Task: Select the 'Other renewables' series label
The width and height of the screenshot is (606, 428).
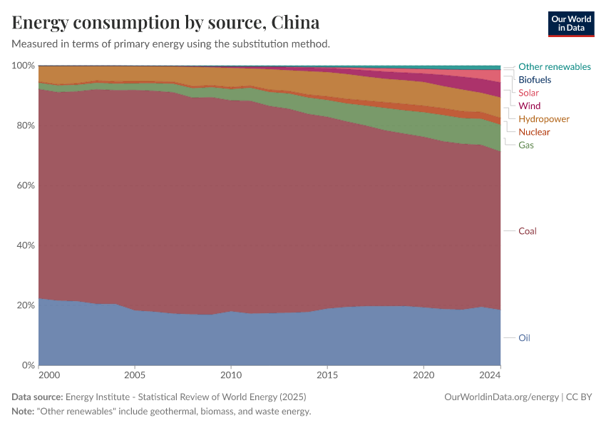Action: [554, 66]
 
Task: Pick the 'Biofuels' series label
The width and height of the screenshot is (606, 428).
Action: [535, 80]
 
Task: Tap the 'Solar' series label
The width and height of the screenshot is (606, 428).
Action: [528, 93]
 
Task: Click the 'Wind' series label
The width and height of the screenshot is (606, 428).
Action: [529, 106]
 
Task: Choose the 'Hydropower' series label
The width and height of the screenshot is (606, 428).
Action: [544, 119]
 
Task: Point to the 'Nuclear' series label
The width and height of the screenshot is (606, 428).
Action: [534, 132]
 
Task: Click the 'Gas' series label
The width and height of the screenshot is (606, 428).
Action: [526, 145]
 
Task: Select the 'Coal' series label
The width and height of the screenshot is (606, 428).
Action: [527, 231]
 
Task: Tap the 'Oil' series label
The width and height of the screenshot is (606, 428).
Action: [524, 337]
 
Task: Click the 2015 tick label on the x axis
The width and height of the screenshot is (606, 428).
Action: [327, 374]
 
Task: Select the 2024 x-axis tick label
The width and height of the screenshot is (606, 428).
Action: [491, 374]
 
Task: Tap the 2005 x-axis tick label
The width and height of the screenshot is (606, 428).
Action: [135, 374]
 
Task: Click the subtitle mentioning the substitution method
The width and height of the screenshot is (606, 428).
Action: [171, 44]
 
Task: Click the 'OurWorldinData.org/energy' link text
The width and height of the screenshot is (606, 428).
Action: [501, 397]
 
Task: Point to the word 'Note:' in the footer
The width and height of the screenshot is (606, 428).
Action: [25, 412]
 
